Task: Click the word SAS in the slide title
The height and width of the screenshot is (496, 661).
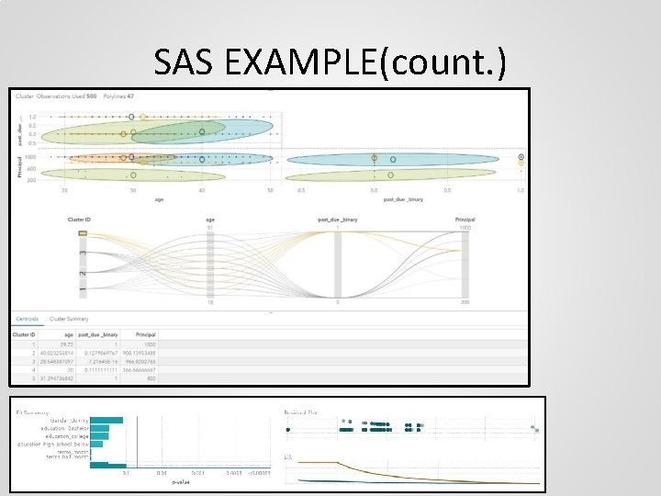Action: [x=185, y=62]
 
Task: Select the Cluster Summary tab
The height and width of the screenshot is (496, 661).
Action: [x=68, y=319]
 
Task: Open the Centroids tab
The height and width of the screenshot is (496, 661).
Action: [x=27, y=319]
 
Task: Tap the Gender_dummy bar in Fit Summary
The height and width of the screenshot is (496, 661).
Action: [x=106, y=420]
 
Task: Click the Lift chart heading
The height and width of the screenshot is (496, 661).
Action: [x=288, y=457]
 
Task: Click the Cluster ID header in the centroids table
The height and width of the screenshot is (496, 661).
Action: [x=24, y=334]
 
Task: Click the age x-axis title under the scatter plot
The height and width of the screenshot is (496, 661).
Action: [x=158, y=197]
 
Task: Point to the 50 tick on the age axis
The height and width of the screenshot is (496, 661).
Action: [x=270, y=190]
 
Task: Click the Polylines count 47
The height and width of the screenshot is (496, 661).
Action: [x=130, y=96]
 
